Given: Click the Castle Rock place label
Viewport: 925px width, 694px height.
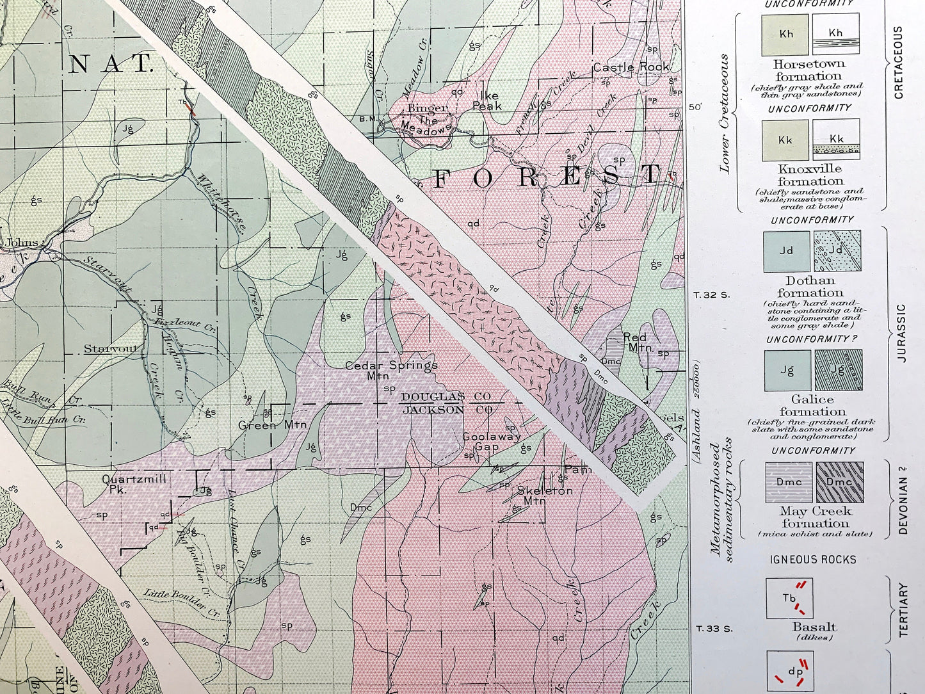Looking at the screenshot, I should [x=631, y=67].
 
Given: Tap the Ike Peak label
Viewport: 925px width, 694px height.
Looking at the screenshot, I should [x=487, y=101].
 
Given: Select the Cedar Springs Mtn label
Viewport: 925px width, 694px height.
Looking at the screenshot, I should [x=391, y=371].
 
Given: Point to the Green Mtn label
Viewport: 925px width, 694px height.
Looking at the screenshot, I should [x=272, y=425].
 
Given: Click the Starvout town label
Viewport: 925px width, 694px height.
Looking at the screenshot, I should [x=111, y=349].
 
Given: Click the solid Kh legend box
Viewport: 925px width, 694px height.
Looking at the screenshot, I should [x=785, y=35].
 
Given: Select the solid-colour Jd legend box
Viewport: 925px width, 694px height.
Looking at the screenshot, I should [x=787, y=252].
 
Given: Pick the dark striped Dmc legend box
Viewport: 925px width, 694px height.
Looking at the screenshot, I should [x=839, y=483].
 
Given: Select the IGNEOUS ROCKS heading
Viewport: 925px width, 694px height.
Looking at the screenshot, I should [x=812, y=560].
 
